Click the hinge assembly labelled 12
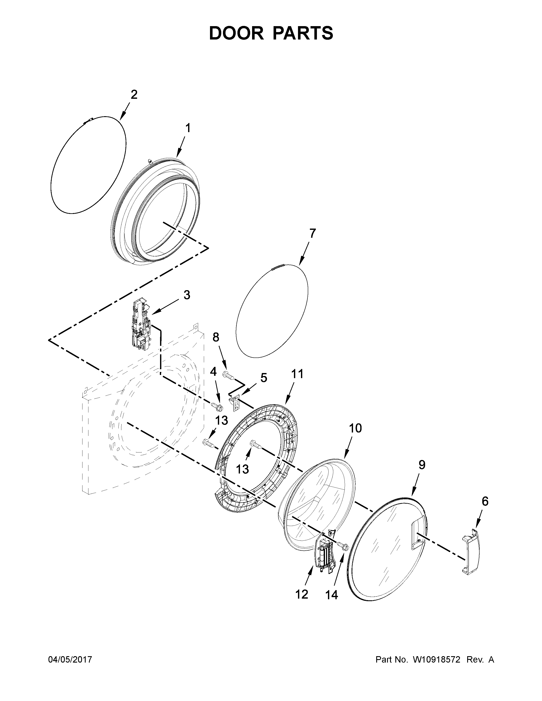[x=324, y=552]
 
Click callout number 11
[x=297, y=374]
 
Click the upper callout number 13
[x=221, y=420]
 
